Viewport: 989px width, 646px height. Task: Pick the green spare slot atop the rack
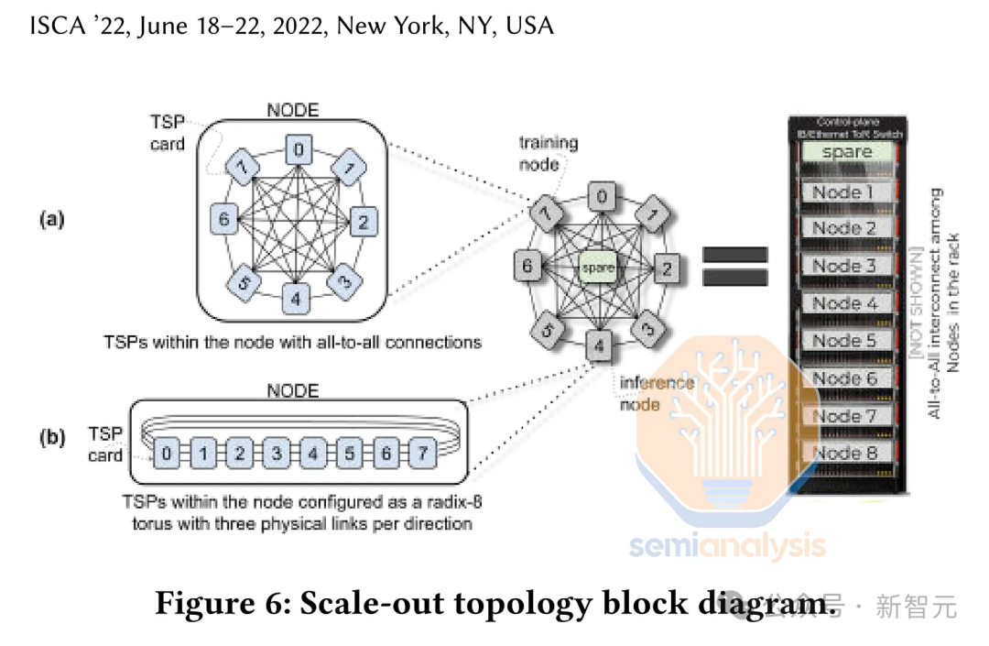coord(847,151)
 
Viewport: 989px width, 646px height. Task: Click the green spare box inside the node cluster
coord(597,267)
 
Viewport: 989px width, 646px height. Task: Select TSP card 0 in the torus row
coord(166,453)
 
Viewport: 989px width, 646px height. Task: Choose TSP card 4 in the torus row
coord(313,453)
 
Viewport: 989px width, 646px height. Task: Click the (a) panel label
coord(50,219)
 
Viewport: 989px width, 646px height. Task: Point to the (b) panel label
coord(50,438)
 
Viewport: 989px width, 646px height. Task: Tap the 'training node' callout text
coord(549,151)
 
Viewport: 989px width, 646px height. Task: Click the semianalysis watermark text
coord(726,547)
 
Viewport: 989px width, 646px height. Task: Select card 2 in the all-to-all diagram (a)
coord(364,221)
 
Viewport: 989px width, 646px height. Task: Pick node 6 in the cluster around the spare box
coord(526,268)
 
